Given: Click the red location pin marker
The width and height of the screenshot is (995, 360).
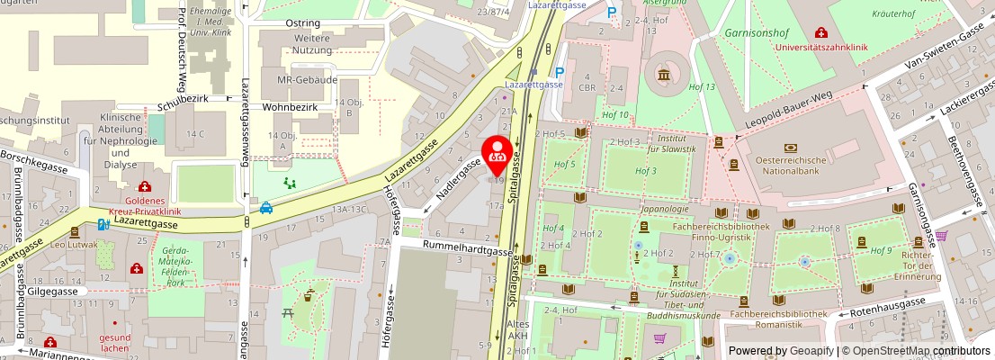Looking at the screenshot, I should point(497,154).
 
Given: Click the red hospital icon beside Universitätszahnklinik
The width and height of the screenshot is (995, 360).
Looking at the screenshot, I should point(820,32).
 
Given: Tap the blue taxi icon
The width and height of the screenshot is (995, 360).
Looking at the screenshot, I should point(266,208).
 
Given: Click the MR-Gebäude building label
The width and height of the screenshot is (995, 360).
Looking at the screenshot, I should point(307,80).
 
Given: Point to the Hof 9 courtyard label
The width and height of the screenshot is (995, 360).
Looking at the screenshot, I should point(883,249).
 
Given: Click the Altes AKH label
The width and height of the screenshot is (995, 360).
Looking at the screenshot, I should point(517,328).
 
